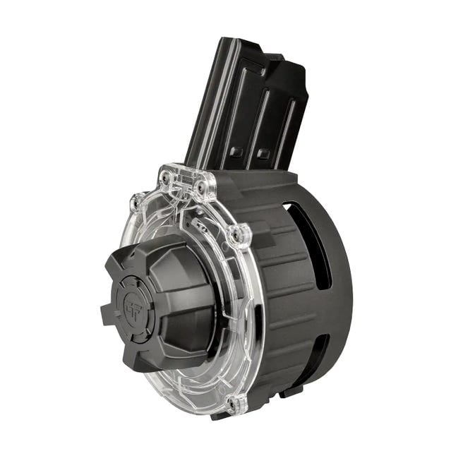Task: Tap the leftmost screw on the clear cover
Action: pyautogui.click(x=135, y=203)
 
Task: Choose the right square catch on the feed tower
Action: pyautogui.click(x=263, y=154)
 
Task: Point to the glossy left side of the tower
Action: pyautogui.click(x=205, y=106)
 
